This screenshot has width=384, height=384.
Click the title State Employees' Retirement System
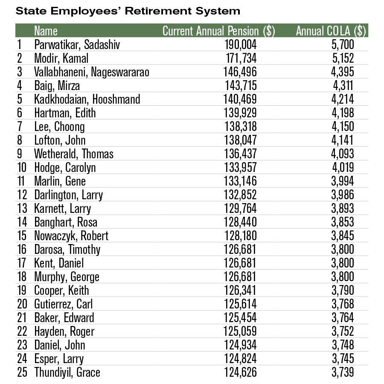(x=128, y=11)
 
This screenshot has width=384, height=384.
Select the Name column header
(x=46, y=31)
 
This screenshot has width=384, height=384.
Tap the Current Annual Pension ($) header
(x=219, y=31)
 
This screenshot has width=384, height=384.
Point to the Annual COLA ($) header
(x=331, y=31)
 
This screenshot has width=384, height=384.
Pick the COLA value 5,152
(x=342, y=58)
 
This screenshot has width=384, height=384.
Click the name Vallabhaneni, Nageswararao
(x=92, y=72)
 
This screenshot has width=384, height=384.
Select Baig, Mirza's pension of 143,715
(x=241, y=86)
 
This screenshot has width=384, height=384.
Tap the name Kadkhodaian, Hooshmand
(x=87, y=99)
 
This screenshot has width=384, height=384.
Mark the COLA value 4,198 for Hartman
(x=342, y=113)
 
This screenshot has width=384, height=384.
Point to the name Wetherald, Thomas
(x=74, y=154)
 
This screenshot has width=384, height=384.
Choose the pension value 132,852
(x=241, y=195)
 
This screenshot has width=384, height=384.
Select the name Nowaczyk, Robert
(x=71, y=236)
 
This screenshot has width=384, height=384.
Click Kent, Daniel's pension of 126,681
(x=241, y=263)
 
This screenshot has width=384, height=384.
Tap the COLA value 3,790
(x=342, y=291)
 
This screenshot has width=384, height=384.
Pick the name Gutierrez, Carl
(x=64, y=304)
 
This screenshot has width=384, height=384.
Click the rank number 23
(x=22, y=345)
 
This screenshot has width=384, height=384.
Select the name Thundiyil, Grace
(x=67, y=372)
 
